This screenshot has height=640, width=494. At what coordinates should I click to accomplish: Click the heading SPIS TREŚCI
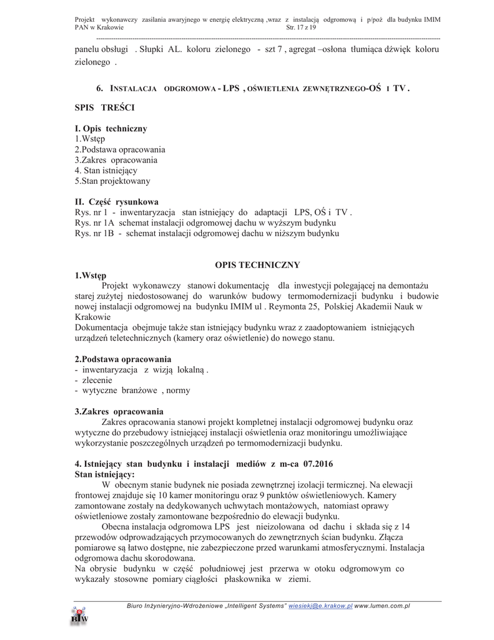pyautogui.click(x=104, y=108)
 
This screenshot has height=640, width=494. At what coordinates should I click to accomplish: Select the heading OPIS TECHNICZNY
pyautogui.click(x=249, y=265)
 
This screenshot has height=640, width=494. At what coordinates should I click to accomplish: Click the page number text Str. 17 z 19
pyautogui.click(x=301, y=28)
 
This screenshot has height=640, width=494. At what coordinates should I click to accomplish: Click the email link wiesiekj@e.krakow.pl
pyautogui.click(x=320, y=606)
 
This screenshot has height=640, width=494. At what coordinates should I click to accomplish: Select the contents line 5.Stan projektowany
pyautogui.click(x=112, y=181)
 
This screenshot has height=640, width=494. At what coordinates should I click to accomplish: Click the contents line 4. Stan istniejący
pyautogui.click(x=106, y=171)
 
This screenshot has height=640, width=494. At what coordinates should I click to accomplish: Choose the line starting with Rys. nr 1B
pyautogui.click(x=206, y=234)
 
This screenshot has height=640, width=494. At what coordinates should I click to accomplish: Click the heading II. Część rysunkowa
pyautogui.click(x=116, y=202)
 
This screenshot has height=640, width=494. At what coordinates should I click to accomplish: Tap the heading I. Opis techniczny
pyautogui.click(x=111, y=129)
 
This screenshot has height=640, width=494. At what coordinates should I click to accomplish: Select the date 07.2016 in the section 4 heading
pyautogui.click(x=315, y=464)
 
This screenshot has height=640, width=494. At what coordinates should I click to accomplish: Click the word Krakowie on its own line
pyautogui.click(x=92, y=317)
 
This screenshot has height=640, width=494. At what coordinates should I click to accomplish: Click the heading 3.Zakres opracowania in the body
pyautogui.click(x=119, y=411)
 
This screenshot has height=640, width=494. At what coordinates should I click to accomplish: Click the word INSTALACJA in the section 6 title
pyautogui.click(x=133, y=89)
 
